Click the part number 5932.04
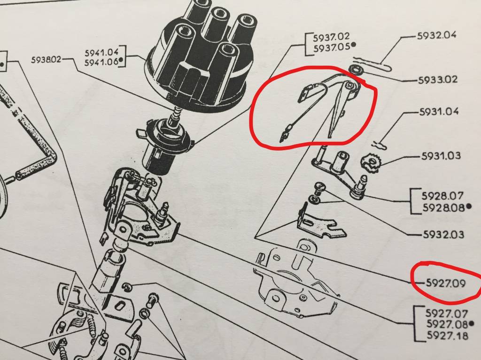436,35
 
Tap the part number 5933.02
438,80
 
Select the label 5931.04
439,111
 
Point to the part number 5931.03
441,156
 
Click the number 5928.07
442,196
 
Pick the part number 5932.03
443,235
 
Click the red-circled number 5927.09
446,283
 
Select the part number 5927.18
448,336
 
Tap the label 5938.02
47,60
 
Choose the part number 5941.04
101,53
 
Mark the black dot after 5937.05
354,45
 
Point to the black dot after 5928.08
468,207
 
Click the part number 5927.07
447,314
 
